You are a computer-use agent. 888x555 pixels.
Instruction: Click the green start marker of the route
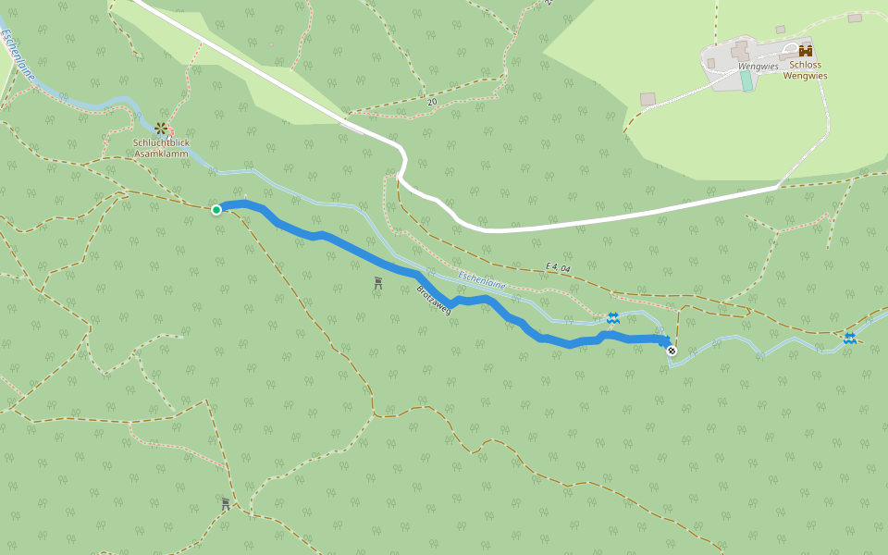coord(216,210)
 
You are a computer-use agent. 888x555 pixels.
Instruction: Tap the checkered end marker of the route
coord(672,351)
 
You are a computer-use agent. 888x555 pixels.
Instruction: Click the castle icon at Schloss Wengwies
coord(805,52)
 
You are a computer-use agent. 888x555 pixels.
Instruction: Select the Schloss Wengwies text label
coord(805,70)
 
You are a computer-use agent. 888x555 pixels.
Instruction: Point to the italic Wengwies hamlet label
coord(758,67)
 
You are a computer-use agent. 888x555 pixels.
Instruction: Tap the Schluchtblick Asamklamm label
coord(162,148)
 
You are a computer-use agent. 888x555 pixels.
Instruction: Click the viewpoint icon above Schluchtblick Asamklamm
coord(161,128)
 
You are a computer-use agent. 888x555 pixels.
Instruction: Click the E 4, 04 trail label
coord(560,267)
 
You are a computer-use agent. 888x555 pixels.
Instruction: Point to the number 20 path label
coord(432,101)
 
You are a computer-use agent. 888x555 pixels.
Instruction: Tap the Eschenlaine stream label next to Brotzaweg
coord(482,280)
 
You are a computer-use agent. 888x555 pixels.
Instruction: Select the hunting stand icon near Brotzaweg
coord(378,282)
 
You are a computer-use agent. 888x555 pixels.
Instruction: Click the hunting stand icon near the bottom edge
coord(226,504)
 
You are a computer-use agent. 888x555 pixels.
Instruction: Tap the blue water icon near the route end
coord(612,318)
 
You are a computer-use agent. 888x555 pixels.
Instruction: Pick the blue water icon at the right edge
coord(849,339)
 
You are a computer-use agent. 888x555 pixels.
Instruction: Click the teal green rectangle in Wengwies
coord(746,80)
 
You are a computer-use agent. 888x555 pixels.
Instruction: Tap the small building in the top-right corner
coord(855,18)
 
